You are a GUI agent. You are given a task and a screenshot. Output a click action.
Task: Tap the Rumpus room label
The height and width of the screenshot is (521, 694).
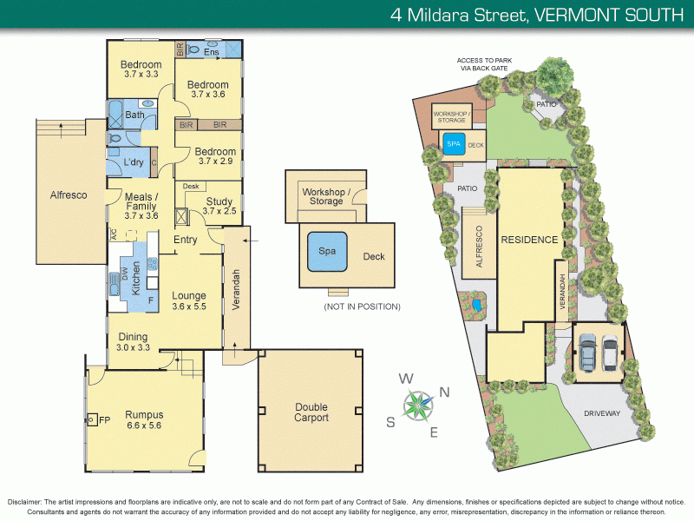tap(143, 420)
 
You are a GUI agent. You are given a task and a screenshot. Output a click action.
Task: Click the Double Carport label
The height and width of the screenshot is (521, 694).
tap(311, 412)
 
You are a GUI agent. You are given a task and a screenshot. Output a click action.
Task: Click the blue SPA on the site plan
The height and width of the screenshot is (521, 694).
tap(453, 145)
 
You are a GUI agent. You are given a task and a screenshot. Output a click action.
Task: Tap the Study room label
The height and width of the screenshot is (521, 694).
tap(219, 205)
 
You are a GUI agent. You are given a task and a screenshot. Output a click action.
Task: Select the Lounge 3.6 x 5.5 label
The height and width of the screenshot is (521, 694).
tap(190, 300)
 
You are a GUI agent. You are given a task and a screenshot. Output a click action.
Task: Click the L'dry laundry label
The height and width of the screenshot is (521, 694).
tap(133, 162)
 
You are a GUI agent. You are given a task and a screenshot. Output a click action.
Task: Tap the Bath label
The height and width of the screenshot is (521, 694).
tap(134, 115)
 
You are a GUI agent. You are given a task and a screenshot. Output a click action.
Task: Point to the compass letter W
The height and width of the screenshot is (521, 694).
tap(405, 379)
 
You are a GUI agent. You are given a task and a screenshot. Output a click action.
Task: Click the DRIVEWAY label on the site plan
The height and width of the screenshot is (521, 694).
tap(602, 413)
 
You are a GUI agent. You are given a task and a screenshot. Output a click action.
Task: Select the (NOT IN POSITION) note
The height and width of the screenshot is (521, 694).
tap(362, 307)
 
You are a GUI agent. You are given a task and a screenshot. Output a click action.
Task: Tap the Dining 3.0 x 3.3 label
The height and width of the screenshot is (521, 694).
tap(133, 341)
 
